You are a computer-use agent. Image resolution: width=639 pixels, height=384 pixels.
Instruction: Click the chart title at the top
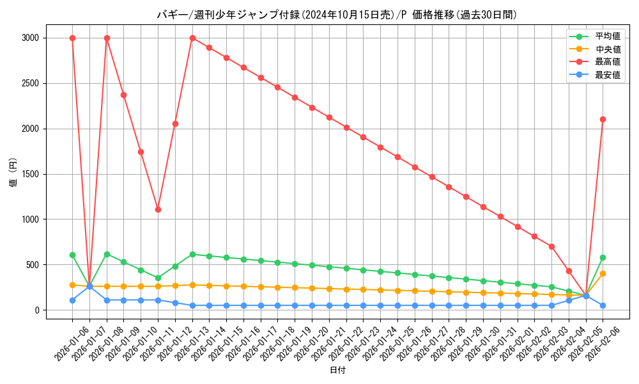coord(337,15)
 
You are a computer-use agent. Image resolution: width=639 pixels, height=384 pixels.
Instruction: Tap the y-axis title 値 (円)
coord(13,173)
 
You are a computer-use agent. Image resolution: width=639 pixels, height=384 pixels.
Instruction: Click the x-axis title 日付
coord(337,371)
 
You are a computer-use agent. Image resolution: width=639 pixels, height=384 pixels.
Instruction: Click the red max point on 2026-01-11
coord(158,209)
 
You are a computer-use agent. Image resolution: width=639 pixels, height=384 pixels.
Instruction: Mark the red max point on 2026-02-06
coord(603,119)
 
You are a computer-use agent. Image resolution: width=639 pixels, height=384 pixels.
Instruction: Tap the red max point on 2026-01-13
coord(192,38)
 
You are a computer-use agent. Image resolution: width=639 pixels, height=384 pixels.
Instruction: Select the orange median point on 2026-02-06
coord(603,273)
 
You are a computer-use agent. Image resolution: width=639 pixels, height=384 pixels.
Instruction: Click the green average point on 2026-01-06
coord(72,255)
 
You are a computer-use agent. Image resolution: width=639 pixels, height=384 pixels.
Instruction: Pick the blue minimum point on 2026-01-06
coord(72,300)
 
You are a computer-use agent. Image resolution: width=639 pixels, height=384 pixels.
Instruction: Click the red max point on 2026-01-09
coord(123,95)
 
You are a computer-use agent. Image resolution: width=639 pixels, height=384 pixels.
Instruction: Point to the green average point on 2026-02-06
coord(603,257)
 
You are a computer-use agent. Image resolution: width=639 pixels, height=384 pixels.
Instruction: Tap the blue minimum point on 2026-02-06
coord(603,305)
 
